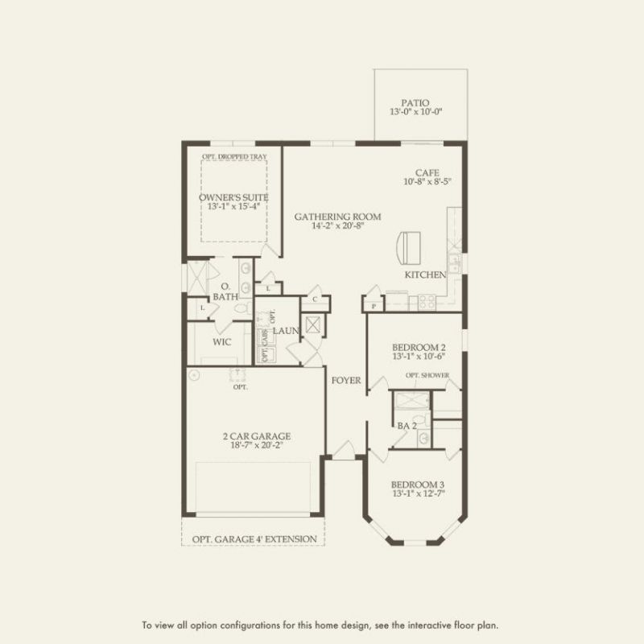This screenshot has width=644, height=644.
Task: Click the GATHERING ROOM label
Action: tap(337, 217)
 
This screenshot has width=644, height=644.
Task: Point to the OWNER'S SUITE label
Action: tap(233, 197)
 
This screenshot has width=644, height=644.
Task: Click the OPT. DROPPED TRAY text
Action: tap(233, 156)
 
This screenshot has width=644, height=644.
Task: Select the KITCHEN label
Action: tap(425, 275)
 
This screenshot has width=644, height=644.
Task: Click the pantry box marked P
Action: tap(374, 306)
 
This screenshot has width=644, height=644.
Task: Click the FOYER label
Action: tap(346, 381)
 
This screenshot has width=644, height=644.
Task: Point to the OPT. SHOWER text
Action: tap(427, 375)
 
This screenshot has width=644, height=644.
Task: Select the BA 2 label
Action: tap(407, 425)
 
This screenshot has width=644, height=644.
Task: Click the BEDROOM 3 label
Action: tap(418, 485)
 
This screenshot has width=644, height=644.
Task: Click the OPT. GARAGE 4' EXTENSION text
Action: tap(254, 539)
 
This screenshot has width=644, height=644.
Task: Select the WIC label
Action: tap(223, 342)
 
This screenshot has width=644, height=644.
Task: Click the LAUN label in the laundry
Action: tap(285, 331)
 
